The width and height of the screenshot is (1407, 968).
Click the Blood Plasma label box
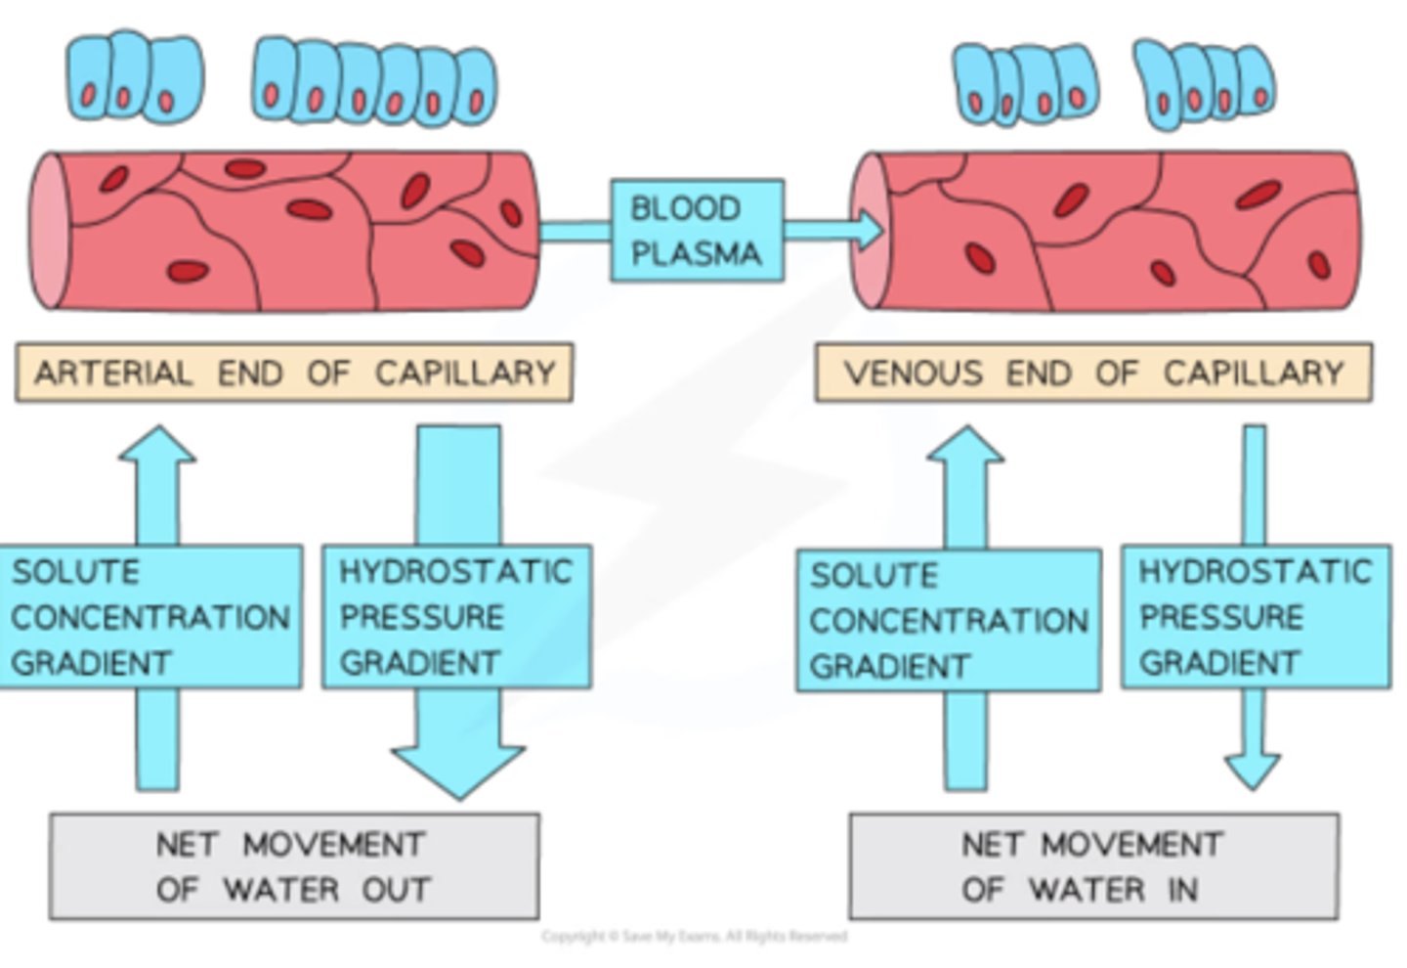697,231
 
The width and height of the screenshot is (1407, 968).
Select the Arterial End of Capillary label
294,373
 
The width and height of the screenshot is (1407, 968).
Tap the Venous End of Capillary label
1093,373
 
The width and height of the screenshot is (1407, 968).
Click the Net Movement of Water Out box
294,867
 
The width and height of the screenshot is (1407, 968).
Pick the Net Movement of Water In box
1093,867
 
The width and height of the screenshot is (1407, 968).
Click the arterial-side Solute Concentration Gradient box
150,617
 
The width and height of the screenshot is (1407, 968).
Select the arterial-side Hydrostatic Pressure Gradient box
456,617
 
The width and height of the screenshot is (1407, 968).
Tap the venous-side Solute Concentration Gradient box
948,621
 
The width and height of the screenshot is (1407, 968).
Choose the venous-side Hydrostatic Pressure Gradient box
1256,617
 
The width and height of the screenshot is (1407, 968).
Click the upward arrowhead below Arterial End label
156,446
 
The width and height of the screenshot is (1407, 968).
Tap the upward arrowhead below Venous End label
965,446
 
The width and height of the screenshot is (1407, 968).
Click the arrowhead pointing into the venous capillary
866,231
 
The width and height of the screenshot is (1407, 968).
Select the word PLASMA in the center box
696,254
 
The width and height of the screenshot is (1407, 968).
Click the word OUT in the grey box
396,890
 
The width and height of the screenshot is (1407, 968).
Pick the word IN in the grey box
1181,890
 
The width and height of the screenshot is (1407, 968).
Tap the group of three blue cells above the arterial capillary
134,78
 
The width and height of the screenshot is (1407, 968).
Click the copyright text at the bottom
695,937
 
